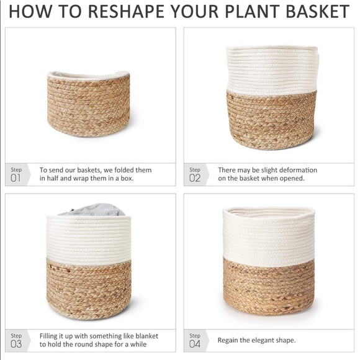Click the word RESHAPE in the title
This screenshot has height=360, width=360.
click(126, 11)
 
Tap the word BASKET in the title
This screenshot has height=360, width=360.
click(318, 11)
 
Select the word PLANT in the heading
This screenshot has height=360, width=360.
click(252, 11)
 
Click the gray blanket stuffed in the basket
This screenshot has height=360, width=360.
click(92, 210)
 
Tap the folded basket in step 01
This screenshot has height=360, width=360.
click(89, 104)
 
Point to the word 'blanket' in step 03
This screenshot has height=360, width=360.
click(146, 336)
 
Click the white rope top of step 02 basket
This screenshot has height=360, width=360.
click(272, 70)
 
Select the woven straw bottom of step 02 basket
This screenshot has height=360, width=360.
click(271, 120)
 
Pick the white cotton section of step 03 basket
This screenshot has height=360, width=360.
click(89, 240)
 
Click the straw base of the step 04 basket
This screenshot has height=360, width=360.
click(269, 286)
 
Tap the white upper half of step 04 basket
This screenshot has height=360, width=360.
click(269, 237)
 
